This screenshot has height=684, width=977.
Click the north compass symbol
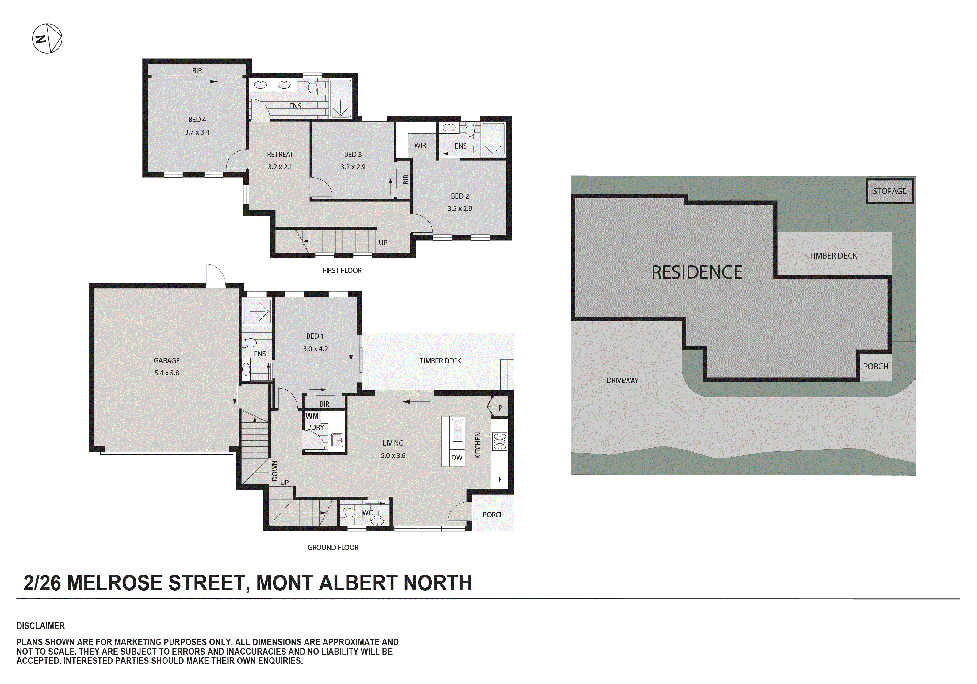47,39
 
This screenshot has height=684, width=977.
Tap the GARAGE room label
167,361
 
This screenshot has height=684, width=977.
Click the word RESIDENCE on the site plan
697,272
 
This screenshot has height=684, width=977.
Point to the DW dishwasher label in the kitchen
457,458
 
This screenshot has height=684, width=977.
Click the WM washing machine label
312,416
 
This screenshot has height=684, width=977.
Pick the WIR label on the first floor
420,146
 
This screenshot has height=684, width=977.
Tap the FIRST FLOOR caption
342,271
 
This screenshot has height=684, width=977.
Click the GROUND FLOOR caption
333,547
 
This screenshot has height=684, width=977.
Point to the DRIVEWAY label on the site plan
622,380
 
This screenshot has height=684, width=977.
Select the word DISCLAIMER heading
40,626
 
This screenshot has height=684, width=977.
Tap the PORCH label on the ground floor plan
493,515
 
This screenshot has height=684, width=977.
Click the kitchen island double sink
458,430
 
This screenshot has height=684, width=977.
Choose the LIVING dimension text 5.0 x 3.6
393,456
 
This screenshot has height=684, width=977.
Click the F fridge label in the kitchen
500,479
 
